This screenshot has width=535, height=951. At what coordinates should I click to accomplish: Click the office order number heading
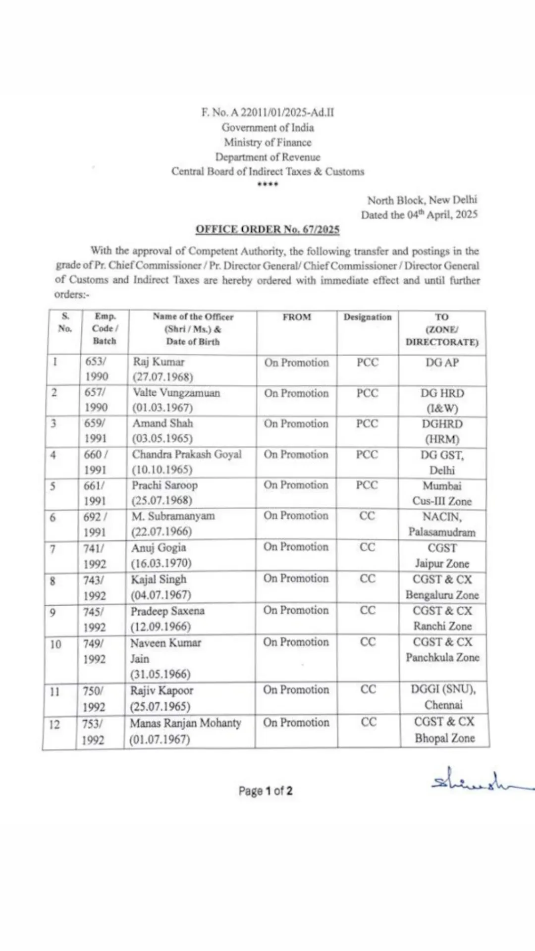[x=267, y=229]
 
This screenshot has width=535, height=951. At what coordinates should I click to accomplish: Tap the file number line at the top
[x=267, y=112]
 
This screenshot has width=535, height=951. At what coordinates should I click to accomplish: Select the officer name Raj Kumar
[x=159, y=362]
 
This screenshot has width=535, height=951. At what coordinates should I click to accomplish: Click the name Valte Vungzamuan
[x=176, y=393]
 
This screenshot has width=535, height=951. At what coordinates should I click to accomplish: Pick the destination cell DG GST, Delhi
[x=442, y=462]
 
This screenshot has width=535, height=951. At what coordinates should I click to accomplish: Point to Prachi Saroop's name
[x=164, y=485]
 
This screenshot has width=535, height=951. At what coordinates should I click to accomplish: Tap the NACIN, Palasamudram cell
[x=442, y=524]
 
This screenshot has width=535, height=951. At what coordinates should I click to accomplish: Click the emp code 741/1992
[x=95, y=555]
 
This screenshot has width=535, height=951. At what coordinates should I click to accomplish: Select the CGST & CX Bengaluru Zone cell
[x=442, y=587]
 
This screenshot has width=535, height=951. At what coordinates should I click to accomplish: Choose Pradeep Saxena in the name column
[x=167, y=611]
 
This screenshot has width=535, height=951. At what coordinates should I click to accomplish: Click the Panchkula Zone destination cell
[x=442, y=650]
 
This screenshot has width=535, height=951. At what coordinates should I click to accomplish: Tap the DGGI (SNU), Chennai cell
[x=443, y=697]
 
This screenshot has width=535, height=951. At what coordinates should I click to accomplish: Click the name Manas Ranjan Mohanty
[x=185, y=723]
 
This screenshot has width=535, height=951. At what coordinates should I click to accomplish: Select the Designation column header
[x=368, y=317]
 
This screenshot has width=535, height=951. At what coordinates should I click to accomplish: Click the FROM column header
[x=297, y=317]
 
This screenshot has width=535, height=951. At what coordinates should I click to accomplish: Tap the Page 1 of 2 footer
[x=266, y=791]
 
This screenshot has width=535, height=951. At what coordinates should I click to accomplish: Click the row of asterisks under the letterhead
[x=267, y=185]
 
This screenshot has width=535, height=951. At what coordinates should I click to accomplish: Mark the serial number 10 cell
[x=55, y=644]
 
